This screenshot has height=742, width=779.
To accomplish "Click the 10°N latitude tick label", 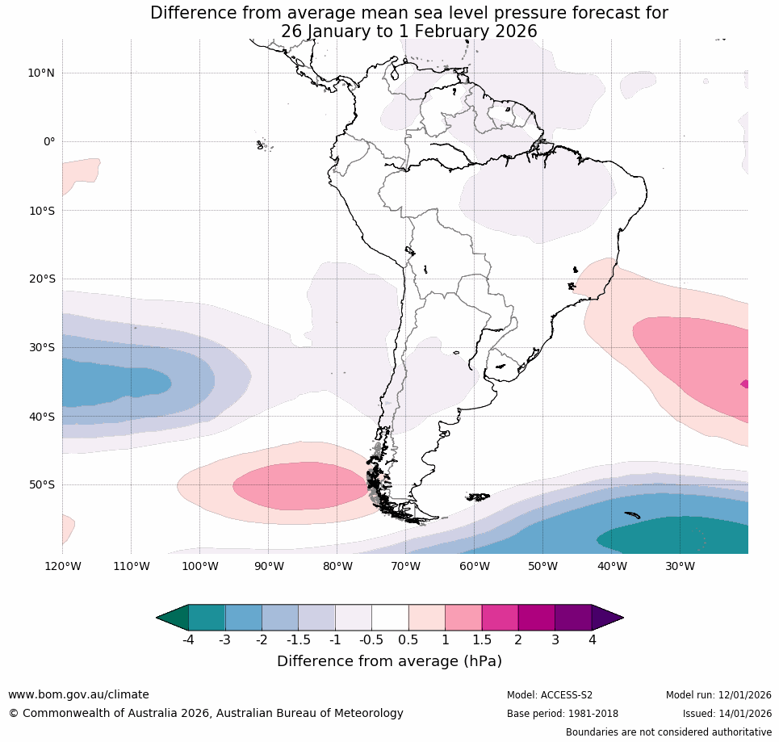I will click(40, 73).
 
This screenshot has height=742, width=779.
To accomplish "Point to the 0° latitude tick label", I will click(49, 142).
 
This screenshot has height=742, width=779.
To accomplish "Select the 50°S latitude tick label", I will click(40, 485).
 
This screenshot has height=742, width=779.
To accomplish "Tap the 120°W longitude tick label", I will click(62, 566).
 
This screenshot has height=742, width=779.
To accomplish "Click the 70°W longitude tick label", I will click(405, 566).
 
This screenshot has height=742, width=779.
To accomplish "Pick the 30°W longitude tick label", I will click(680, 566).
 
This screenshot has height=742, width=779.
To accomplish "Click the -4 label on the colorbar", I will click(187, 640).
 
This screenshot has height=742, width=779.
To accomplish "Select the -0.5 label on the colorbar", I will click(371, 640).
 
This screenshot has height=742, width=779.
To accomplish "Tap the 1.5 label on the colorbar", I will click(481, 640).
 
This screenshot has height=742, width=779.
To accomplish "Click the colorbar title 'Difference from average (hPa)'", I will click(389, 661).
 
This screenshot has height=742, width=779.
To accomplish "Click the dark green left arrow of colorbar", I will click(172, 618).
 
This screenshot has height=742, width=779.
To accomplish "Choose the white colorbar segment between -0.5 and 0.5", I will click(390, 618).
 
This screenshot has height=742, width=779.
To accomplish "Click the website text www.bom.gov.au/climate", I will click(78, 694).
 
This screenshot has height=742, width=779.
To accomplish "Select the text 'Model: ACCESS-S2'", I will click(549, 695).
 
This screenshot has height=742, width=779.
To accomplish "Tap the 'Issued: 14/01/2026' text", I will click(727, 714).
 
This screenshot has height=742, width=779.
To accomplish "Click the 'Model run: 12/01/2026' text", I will click(718, 695).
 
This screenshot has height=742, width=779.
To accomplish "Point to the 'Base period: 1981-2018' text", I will click(562, 714).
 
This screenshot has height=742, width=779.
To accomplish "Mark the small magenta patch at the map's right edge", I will click(744, 384).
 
